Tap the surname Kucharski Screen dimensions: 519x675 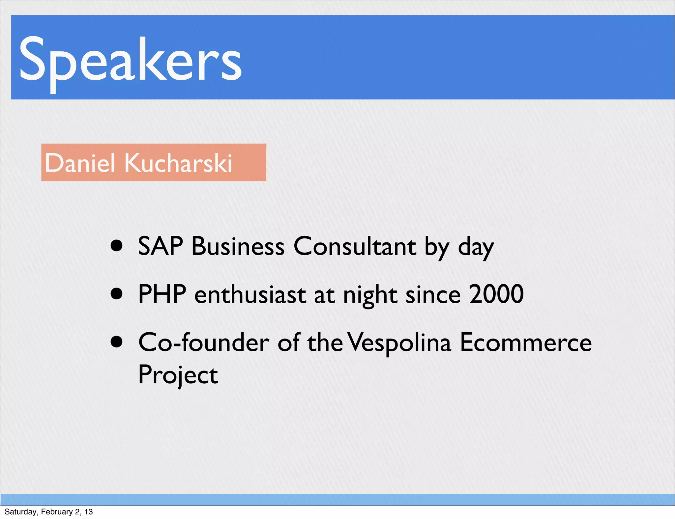point(178,163)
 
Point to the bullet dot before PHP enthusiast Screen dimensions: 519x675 point(117,293)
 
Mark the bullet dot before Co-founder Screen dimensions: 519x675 point(117,342)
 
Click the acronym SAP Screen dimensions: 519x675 point(161,246)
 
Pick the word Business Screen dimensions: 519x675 point(238,246)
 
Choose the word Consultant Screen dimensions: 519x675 point(355,246)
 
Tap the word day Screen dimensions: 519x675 point(476,248)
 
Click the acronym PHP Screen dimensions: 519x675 point(162,294)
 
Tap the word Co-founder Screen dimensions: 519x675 point(204,342)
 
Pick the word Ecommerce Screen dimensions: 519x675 point(526,342)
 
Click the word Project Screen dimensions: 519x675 point(178,375)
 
